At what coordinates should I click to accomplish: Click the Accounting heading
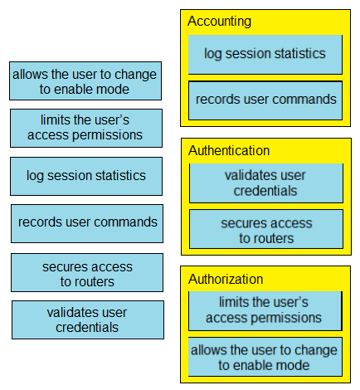click(x=219, y=22)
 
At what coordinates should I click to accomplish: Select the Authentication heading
click(x=229, y=151)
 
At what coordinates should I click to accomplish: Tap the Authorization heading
click(x=226, y=279)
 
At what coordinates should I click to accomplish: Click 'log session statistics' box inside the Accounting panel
click(x=265, y=55)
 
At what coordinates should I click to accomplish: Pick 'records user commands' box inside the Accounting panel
click(x=265, y=100)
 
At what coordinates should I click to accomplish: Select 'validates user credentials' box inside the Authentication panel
click(x=266, y=183)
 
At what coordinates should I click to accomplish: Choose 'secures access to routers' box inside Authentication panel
click(x=266, y=229)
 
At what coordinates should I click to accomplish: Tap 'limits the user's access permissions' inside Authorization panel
click(x=265, y=311)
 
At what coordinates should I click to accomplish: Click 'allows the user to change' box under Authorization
click(x=265, y=357)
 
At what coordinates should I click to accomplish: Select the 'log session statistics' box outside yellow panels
click(x=86, y=177)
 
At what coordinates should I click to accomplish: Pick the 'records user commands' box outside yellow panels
click(x=87, y=224)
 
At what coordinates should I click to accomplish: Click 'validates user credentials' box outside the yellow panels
click(x=88, y=320)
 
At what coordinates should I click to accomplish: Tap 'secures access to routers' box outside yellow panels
click(x=87, y=273)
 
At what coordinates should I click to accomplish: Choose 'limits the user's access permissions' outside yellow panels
click(x=86, y=129)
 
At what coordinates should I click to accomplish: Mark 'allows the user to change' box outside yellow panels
click(x=85, y=81)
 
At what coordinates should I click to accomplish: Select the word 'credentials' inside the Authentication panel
click(x=265, y=191)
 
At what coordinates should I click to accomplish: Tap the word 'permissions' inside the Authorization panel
click(x=285, y=319)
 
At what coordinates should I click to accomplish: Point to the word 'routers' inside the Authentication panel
click(x=275, y=238)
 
